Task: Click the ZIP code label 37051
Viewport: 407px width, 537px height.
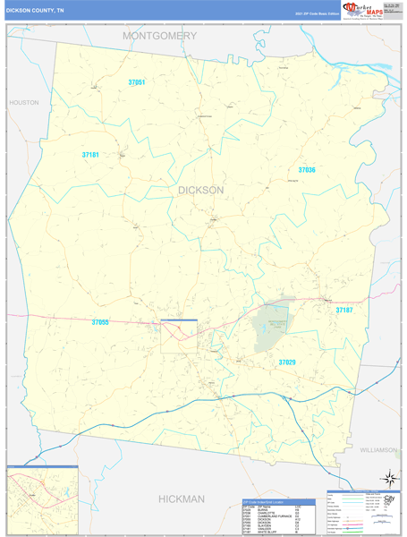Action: click(137, 82)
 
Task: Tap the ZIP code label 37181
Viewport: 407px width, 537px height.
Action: click(90, 155)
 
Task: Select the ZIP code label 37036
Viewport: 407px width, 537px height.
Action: click(307, 169)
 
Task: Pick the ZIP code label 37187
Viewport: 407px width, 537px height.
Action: click(344, 310)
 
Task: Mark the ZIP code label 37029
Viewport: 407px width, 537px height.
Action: click(286, 362)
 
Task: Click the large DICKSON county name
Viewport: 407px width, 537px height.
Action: click(201, 190)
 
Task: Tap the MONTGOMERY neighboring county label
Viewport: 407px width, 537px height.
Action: click(160, 36)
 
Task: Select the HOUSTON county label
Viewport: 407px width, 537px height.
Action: click(24, 103)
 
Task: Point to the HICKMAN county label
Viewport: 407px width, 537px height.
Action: click(182, 498)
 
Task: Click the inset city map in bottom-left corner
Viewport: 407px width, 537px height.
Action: click(42, 500)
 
